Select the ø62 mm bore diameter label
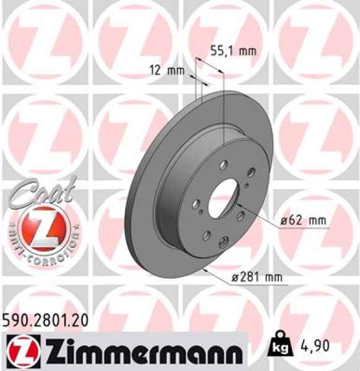click(x=302, y=221)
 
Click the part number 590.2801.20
click(x=46, y=320)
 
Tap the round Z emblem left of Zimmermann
click(x=19, y=351)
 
